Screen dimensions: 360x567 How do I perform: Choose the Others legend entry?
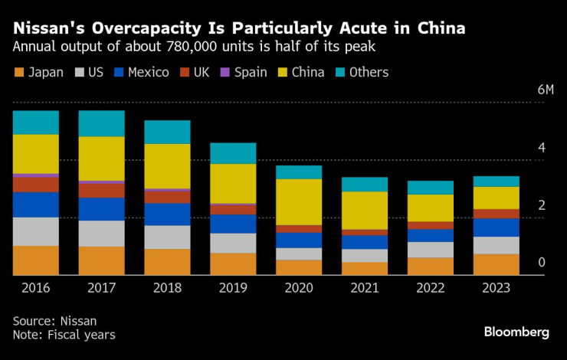tap(362, 73)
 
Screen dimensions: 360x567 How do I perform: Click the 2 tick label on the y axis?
tap(541, 205)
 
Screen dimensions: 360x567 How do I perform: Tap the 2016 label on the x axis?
tap(36, 288)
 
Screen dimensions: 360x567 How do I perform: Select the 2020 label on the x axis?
tap(300, 288)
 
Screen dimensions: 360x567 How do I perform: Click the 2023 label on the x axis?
tap(497, 288)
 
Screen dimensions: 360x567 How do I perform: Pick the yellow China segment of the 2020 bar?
tap(300, 201)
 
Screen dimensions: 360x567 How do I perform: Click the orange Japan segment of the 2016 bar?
tap(36, 260)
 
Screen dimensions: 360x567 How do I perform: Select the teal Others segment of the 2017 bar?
tap(102, 123)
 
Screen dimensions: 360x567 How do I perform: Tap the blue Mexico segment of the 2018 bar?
tap(168, 214)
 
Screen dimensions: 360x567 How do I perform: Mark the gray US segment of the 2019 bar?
tap(234, 243)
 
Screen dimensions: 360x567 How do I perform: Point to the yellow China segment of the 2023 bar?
tap(497, 198)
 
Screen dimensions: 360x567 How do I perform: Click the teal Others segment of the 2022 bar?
tap(431, 188)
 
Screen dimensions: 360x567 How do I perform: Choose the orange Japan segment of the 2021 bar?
tap(365, 268)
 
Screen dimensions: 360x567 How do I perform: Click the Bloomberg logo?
tap(516, 332)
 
